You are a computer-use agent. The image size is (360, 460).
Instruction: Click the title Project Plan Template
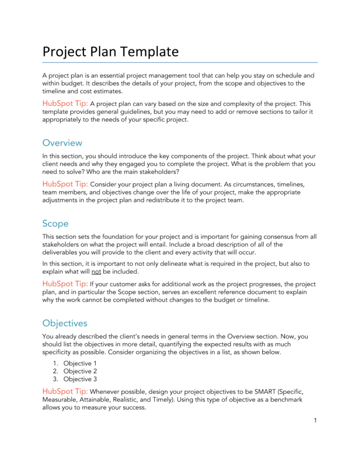coord(110,52)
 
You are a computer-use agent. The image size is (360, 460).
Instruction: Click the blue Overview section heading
coord(62,143)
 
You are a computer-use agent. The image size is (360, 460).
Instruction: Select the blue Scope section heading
coord(55,223)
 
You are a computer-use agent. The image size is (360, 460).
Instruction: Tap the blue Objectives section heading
coord(65,323)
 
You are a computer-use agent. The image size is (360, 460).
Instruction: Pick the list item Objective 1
coord(80,363)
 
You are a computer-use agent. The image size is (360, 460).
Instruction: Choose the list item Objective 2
coord(80,371)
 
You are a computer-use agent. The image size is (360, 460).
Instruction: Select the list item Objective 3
coord(80,379)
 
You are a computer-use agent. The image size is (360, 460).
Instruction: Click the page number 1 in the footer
coord(314,421)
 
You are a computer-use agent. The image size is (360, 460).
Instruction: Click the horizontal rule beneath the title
coord(179,63)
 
